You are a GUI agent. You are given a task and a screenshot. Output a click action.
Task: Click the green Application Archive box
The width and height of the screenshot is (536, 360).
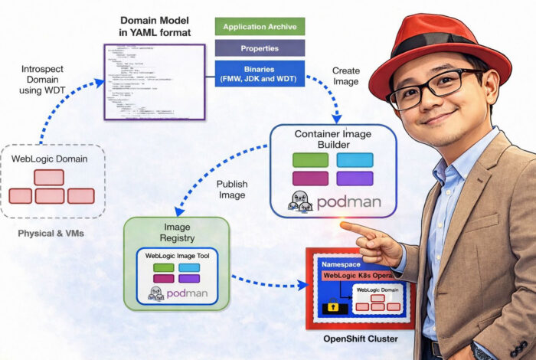[x=260, y=27]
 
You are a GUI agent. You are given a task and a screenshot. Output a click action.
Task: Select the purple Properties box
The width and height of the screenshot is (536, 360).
[x=260, y=47]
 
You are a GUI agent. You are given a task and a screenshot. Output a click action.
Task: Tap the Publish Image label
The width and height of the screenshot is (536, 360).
[x=231, y=189]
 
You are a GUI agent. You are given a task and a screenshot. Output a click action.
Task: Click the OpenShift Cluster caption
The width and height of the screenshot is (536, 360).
[x=357, y=337]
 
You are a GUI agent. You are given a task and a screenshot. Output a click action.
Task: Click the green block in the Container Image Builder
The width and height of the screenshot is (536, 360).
[x=310, y=161]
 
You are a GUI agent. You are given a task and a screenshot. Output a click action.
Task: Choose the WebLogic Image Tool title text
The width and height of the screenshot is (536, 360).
[x=177, y=254]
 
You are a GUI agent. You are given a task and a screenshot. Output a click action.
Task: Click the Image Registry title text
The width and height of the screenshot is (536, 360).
[x=176, y=232]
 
